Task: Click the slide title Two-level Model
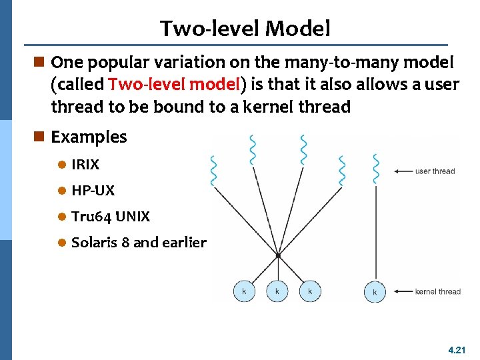click(245, 28)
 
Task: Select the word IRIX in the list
click(85, 164)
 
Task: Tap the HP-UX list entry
click(93, 191)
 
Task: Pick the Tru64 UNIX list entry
click(110, 217)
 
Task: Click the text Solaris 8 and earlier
click(139, 243)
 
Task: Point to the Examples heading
click(89, 137)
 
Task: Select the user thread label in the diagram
click(435, 171)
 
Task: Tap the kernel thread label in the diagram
click(437, 291)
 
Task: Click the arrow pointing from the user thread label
click(403, 171)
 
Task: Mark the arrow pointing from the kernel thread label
click(403, 291)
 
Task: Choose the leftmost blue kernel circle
click(243, 291)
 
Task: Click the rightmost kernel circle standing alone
click(375, 291)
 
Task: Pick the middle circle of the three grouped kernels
click(277, 291)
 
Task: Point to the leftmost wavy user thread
click(213, 172)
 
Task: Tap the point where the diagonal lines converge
click(277, 255)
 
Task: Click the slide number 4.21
click(457, 349)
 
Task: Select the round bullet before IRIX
click(62, 164)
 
